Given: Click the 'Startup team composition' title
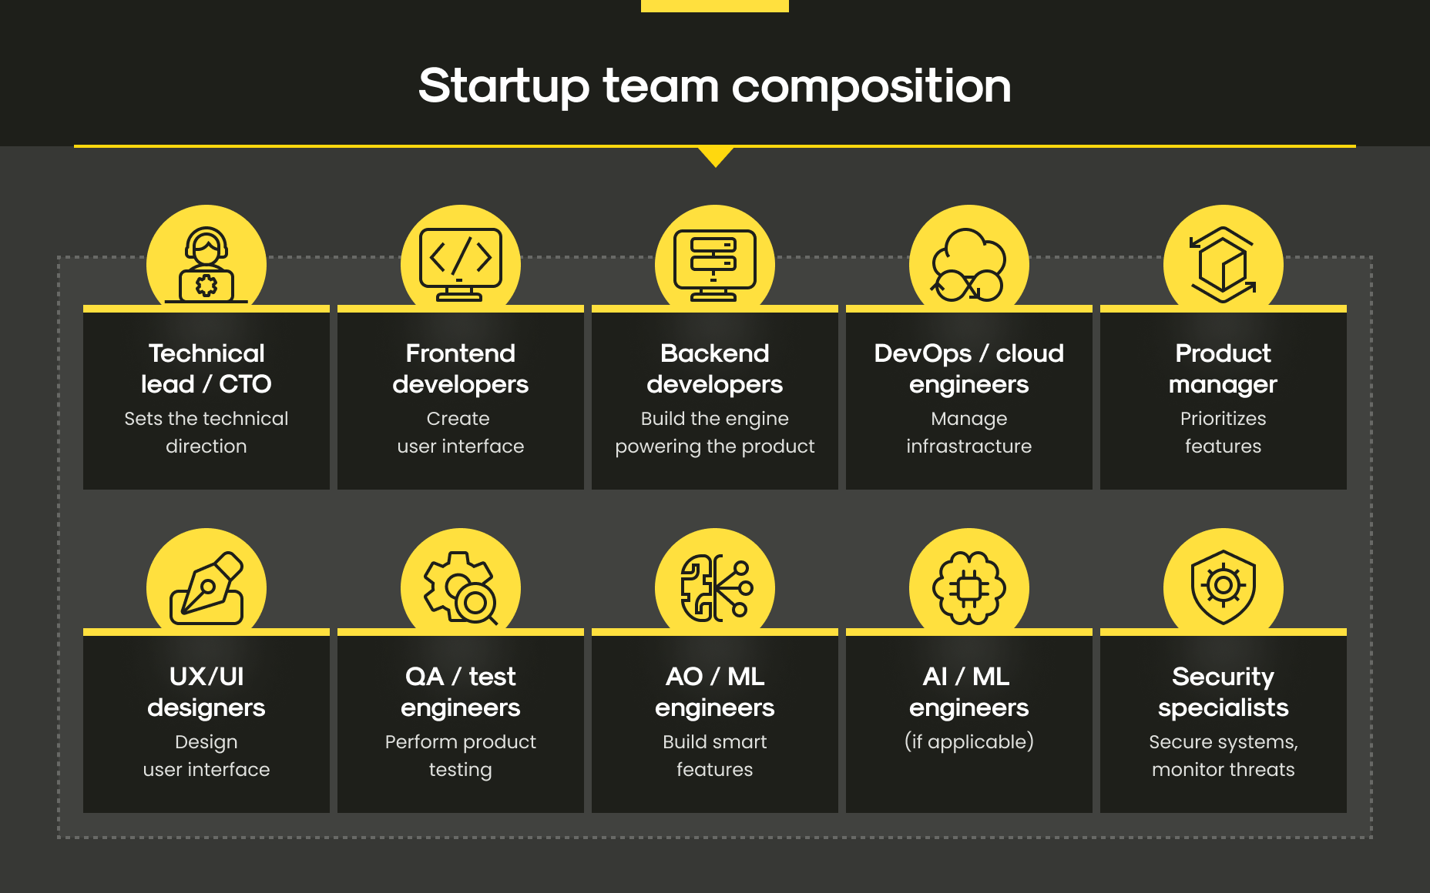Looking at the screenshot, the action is (714, 86).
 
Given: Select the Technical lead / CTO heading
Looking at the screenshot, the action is (206, 368).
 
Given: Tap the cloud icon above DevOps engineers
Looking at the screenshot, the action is (968, 265).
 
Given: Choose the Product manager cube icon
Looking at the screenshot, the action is (1223, 265).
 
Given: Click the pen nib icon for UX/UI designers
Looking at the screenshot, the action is (206, 588).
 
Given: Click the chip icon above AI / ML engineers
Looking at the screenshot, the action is (969, 588).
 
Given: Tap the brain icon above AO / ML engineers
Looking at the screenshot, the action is (716, 588).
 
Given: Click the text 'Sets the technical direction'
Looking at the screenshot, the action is (206, 433).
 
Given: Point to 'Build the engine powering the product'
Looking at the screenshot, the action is (715, 433).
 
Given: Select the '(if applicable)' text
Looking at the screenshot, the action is (969, 741).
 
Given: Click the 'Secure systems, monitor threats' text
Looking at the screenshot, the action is (1224, 756).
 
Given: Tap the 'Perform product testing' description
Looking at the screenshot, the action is (461, 756).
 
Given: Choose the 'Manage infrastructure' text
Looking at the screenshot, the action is (969, 433).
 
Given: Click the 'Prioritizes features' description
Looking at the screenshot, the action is (1224, 433).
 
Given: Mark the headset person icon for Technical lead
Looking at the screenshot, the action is (206, 265).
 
